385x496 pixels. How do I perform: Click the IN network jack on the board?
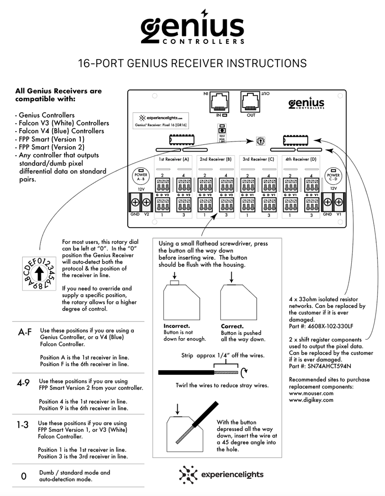point(219,102)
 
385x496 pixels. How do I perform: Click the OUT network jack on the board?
point(251,102)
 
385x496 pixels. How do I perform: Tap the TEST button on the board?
point(222,129)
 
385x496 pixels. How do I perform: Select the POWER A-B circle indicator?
point(141,176)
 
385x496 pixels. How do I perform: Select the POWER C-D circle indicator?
point(333,176)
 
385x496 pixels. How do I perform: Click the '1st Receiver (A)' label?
point(174,159)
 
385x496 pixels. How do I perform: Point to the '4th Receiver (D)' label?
point(301,159)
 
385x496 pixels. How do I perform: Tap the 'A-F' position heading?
point(25,332)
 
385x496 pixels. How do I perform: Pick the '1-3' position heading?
point(22,425)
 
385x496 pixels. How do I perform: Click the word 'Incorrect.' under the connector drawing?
point(177,326)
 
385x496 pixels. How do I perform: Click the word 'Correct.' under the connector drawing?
point(232,326)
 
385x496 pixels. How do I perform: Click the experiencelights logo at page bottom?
point(221,475)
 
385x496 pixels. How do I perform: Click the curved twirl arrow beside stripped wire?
point(244,372)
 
